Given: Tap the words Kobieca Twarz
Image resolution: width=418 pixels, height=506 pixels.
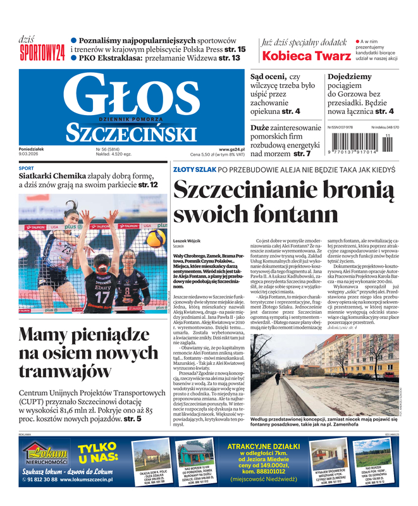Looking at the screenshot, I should coord(307,55).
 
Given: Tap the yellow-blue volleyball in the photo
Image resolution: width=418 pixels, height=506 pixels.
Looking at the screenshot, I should coord(154,238).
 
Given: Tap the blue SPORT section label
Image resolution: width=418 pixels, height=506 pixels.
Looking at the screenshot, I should coord(27,168).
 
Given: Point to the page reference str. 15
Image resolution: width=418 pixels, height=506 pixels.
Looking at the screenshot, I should coord(235,49).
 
